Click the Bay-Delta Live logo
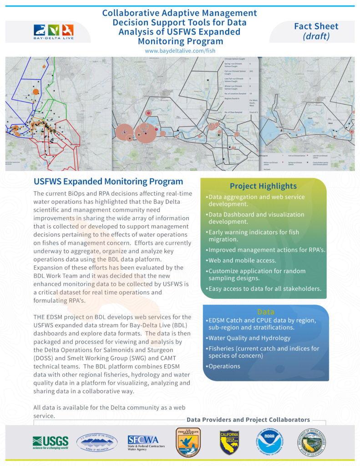54,32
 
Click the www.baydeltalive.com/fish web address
180,51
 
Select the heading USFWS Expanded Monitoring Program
108,182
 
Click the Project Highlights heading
263,186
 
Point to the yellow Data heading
265,312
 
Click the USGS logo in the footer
50,442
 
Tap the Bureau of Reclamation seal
97,442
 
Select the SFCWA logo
146,442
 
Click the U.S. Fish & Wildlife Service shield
188,442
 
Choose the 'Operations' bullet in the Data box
223,366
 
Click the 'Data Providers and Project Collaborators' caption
248,420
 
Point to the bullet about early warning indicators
254,236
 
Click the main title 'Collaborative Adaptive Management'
180,13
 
